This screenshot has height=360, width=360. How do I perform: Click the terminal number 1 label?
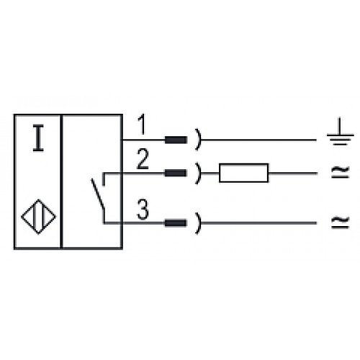143,125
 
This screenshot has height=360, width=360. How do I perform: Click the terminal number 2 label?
143,159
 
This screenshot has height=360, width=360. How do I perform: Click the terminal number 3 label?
143,210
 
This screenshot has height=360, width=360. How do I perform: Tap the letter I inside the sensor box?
38,138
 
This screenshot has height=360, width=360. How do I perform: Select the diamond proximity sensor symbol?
38,217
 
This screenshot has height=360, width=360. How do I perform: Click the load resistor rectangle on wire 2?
244,173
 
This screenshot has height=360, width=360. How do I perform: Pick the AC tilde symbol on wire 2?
340,173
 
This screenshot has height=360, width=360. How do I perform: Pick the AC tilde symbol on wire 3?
340,222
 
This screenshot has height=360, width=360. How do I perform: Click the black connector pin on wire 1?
176,140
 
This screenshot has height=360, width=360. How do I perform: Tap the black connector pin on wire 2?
176,173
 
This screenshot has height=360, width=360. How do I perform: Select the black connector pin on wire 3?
176,223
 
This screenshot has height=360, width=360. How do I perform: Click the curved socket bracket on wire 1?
198,140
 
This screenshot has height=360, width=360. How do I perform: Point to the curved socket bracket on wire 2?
198,173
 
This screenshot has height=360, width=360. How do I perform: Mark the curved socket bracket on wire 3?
198,223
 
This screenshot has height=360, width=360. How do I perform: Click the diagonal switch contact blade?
98,193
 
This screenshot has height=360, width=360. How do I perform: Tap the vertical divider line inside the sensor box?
61,181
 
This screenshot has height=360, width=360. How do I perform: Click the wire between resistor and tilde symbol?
292,173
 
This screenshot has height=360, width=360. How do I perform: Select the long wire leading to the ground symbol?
258,140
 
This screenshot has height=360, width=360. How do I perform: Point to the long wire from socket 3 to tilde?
258,223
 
